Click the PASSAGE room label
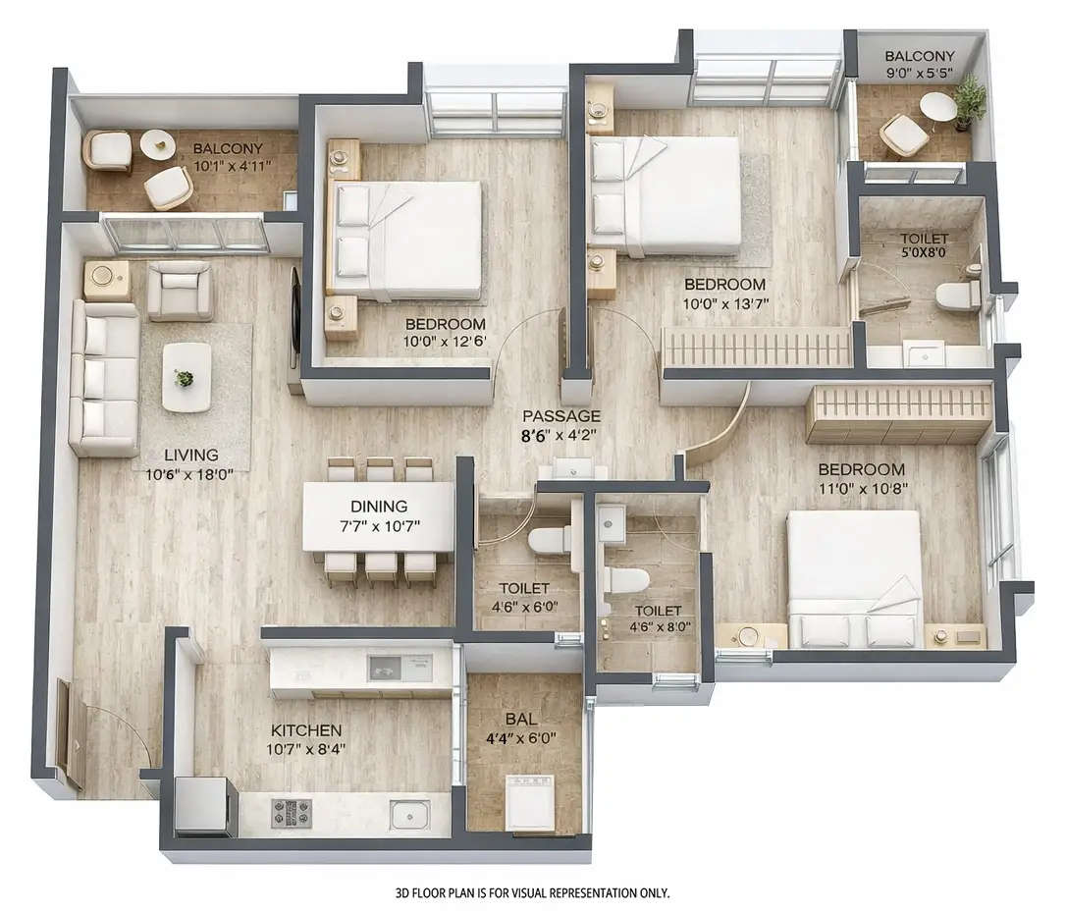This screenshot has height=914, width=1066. (560, 416)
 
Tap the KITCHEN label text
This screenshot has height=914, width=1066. (306, 730)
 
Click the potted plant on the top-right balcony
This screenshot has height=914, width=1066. (970, 99)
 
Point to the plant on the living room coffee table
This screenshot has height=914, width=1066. (184, 378)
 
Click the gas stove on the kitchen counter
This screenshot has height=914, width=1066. (291, 813)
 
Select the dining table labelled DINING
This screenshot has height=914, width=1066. (378, 516)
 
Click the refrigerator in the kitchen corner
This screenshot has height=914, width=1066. (203, 805)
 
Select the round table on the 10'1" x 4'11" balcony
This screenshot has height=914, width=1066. (157, 144)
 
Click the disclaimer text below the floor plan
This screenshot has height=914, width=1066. (532, 893)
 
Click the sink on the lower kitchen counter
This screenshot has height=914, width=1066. (408, 814)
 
